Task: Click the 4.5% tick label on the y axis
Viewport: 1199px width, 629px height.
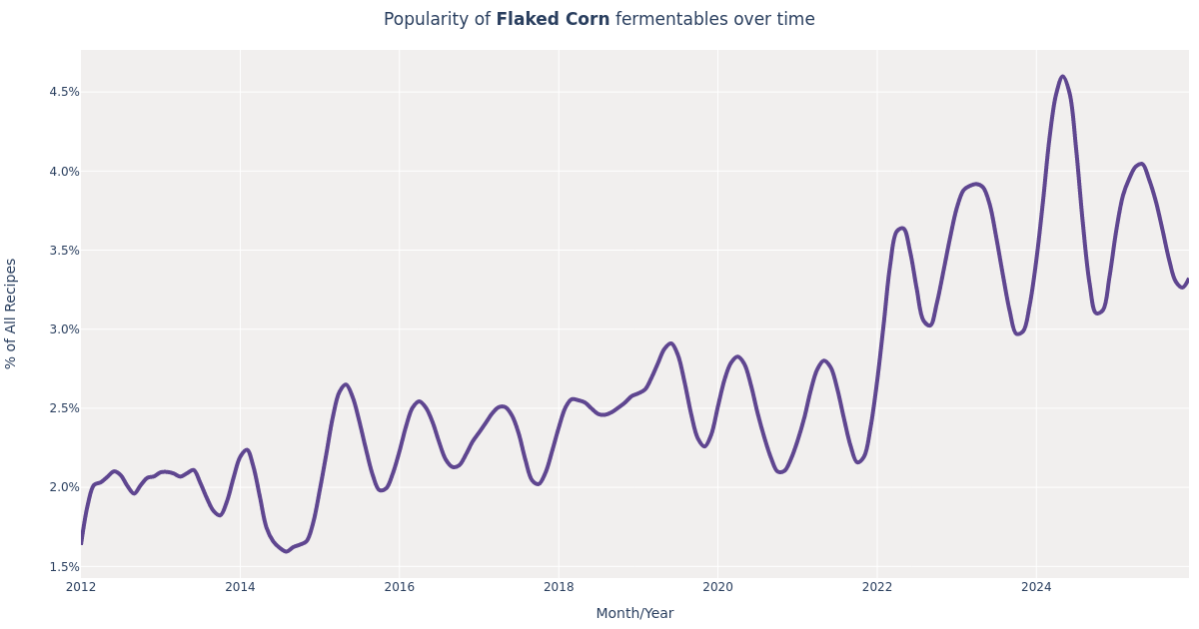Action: (64, 92)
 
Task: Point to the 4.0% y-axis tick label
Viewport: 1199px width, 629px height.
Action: (64, 171)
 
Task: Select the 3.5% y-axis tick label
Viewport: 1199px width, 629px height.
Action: (64, 250)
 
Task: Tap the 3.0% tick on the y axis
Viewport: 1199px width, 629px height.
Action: (64, 329)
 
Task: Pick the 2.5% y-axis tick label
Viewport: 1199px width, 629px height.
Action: (64, 408)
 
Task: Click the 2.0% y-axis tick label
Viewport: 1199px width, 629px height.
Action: (64, 487)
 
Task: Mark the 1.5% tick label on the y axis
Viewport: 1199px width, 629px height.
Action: (64, 566)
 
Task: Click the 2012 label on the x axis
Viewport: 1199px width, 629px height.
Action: (81, 587)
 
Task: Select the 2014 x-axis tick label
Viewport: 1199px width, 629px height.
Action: (240, 587)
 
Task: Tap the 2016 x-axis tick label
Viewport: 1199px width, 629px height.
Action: (400, 587)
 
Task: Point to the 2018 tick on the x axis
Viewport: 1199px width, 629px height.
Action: (559, 587)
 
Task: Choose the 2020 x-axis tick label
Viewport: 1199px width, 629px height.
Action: (717, 587)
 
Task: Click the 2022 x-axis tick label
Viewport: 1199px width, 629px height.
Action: (877, 587)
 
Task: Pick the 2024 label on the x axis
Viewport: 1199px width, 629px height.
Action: (1036, 587)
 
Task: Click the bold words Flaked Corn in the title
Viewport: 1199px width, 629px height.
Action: (553, 20)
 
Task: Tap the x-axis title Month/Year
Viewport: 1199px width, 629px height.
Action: (634, 614)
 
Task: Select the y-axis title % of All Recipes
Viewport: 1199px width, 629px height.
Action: (11, 314)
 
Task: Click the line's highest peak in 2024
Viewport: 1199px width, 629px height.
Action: (1062, 77)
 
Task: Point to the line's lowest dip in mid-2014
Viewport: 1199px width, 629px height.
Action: (286, 551)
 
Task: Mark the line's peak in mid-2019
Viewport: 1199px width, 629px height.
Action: (670, 343)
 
